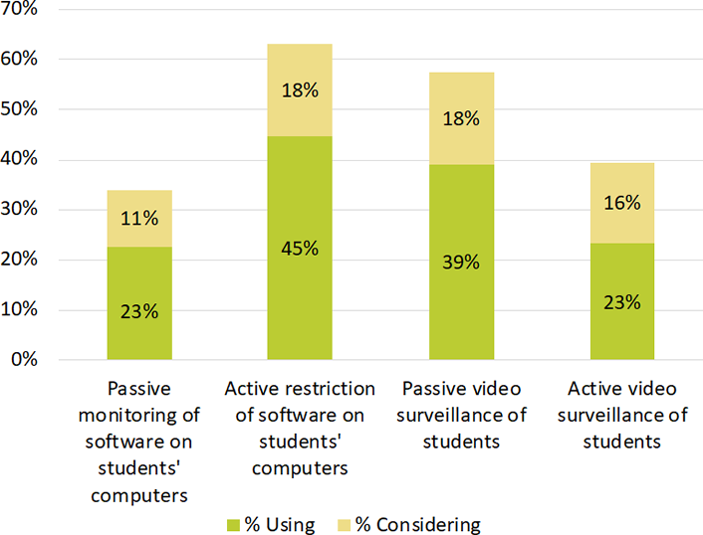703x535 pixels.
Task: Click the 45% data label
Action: point(300,249)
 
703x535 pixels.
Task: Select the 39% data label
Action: point(461,263)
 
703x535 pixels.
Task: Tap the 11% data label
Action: point(138,219)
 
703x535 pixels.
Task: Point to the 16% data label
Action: point(622,203)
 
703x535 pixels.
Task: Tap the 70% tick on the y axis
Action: point(19,9)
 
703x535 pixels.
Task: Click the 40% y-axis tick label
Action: point(19,159)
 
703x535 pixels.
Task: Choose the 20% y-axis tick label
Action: point(19,260)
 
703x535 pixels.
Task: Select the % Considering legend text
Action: point(418,524)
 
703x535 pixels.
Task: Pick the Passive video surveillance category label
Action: point(461,415)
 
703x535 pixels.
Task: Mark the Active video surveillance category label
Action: point(622,415)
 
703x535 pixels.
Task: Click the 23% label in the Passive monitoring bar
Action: point(138,310)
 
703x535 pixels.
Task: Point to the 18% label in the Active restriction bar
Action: point(300,90)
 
